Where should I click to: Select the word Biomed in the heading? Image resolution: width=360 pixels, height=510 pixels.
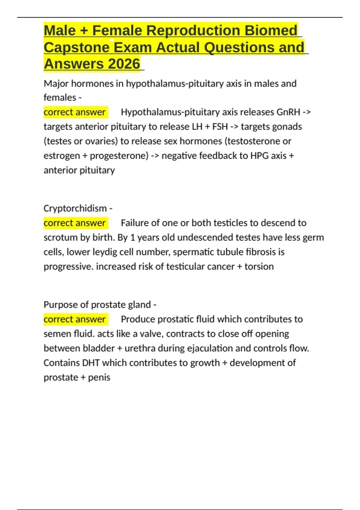tap(271, 31)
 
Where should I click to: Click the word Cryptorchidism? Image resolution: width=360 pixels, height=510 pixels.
tap(75, 208)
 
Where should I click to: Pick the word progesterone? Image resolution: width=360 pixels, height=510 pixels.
tap(119, 156)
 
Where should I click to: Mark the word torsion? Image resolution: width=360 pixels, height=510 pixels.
tap(259, 266)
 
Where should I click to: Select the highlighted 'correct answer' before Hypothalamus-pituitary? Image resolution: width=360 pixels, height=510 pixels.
tap(74, 112)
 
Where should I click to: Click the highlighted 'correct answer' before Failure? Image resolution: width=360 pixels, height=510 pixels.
tap(74, 223)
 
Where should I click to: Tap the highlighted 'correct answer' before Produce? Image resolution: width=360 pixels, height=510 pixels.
tap(74, 319)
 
